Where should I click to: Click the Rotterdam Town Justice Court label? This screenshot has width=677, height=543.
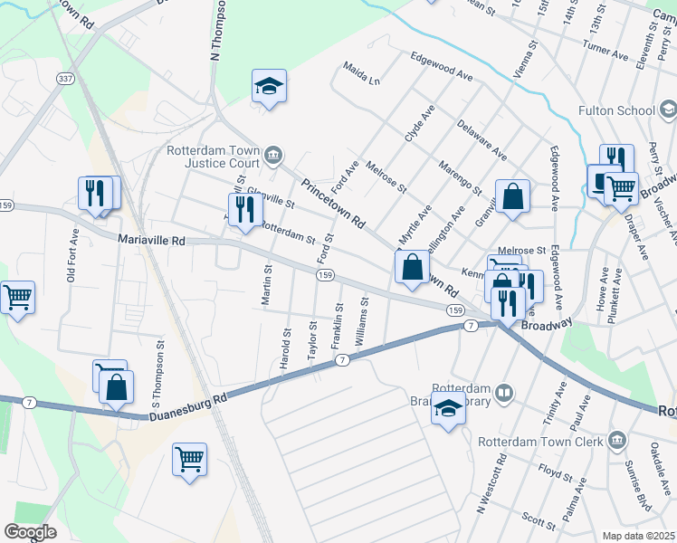tap(214, 157)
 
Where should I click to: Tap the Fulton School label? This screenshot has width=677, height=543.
tap(617, 111)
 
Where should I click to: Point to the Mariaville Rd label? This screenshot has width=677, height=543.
tap(151, 241)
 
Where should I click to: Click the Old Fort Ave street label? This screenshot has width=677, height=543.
tap(72, 254)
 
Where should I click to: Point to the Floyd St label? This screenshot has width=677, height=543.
tap(550, 471)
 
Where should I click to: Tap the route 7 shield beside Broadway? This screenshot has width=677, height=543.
tap(471, 324)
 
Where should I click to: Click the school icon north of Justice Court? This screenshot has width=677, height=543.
tap(269, 87)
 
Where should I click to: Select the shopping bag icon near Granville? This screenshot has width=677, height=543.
tap(512, 195)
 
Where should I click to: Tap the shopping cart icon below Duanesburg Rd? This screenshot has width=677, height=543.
tap(189, 460)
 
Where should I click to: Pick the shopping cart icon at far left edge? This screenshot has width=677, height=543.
tap(15, 297)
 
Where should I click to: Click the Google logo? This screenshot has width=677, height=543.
tap(30, 532)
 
